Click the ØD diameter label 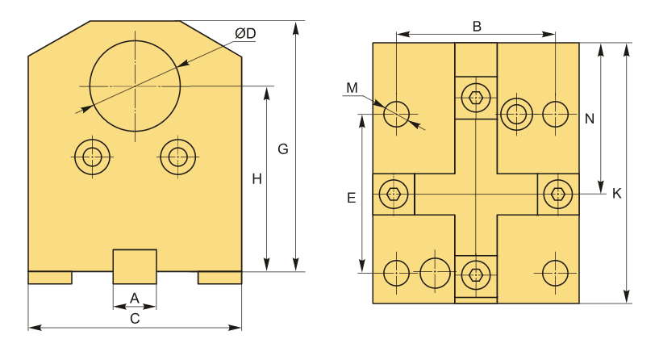(245, 33)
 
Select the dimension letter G (283, 149)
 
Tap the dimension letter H (257, 179)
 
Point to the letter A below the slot (135, 298)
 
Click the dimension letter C (135, 319)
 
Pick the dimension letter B (477, 27)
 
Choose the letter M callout (352, 88)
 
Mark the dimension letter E (352, 198)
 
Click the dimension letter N (590, 119)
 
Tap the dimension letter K (616, 194)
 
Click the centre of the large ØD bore (135, 86)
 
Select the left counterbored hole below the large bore (93, 157)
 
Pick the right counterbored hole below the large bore (177, 157)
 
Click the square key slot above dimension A (135, 266)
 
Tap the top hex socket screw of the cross (476, 98)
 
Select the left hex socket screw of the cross (394, 195)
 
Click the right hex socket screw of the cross (557, 195)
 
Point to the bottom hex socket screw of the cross (476, 275)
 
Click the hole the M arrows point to (396, 114)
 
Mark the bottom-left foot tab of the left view (50, 278)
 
